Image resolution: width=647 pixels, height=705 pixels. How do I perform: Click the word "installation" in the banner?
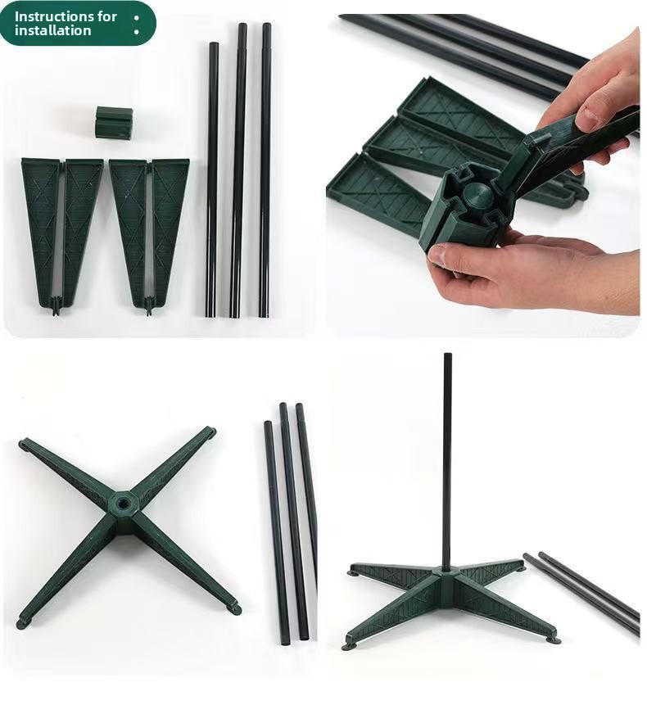(x=52, y=30)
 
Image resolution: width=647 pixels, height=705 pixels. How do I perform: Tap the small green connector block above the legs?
(x=114, y=122)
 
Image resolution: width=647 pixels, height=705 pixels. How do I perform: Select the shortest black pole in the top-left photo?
(x=213, y=180)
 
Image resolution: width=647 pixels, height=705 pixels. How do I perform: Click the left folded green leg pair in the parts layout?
(x=62, y=233)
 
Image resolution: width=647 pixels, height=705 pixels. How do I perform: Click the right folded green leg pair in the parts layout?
(x=149, y=233)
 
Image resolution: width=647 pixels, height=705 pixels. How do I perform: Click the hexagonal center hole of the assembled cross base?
(x=122, y=502)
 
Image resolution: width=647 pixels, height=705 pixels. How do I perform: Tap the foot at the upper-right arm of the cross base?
(x=210, y=432)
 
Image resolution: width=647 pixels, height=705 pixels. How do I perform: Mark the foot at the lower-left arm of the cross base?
(x=22, y=624)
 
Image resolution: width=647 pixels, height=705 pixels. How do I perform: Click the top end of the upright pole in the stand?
(x=447, y=355)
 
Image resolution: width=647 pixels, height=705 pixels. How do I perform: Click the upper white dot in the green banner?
(x=136, y=18)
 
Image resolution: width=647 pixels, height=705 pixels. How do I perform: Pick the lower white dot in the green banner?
(x=136, y=32)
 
